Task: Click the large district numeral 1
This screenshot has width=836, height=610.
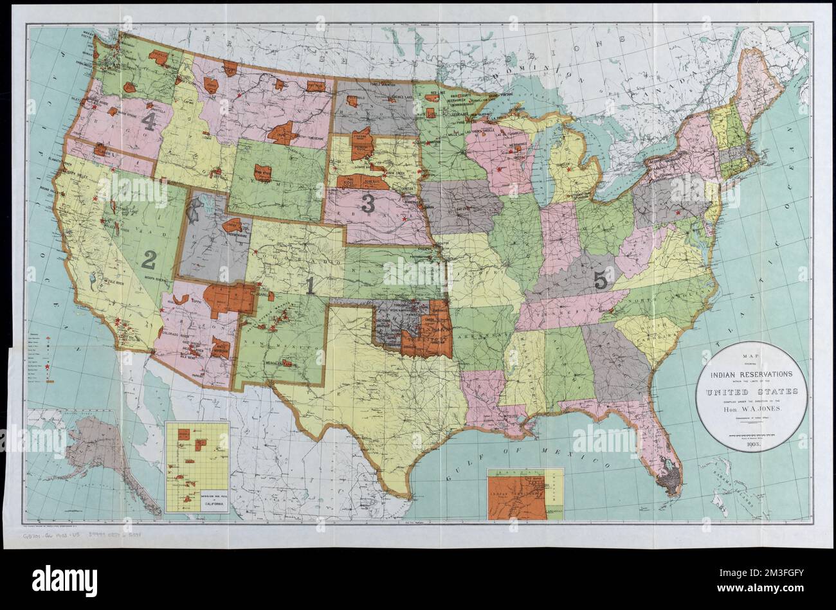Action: [x=309, y=285]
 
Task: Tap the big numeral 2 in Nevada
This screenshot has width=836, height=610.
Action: [x=149, y=260]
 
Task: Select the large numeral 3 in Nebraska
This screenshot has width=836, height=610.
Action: [x=368, y=203]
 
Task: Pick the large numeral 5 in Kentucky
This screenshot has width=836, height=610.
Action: [x=600, y=280]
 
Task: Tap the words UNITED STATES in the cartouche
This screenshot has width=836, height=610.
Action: [x=750, y=391]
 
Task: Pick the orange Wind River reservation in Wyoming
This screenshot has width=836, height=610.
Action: [x=262, y=172]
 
